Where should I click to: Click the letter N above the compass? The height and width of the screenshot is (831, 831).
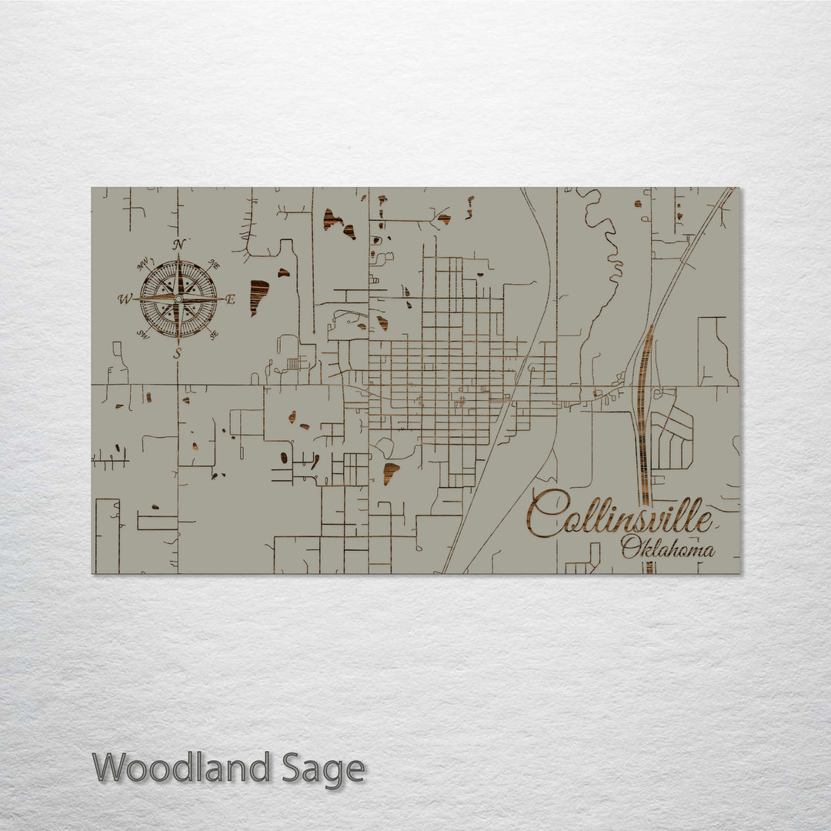tap(179, 245)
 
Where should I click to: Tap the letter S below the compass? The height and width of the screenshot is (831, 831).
tap(178, 354)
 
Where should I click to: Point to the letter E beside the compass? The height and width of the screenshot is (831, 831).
tap(230, 300)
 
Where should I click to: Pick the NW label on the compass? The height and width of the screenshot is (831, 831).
tap(142, 265)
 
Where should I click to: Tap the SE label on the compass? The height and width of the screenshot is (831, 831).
tap(214, 334)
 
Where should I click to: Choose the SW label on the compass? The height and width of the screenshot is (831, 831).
tap(142, 334)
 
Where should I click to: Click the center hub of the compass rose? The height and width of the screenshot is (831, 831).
tap(179, 299)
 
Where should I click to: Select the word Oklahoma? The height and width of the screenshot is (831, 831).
tap(668, 548)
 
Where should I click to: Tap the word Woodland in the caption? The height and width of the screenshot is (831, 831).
tap(182, 768)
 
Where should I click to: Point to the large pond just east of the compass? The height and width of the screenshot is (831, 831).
tap(259, 296)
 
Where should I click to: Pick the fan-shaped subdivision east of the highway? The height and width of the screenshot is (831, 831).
tap(671, 436)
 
